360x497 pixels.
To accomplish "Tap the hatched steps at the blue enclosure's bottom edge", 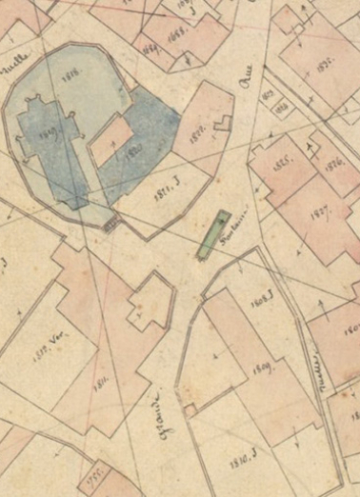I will (111, 225).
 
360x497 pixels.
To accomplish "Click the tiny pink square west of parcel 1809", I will (190, 410).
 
